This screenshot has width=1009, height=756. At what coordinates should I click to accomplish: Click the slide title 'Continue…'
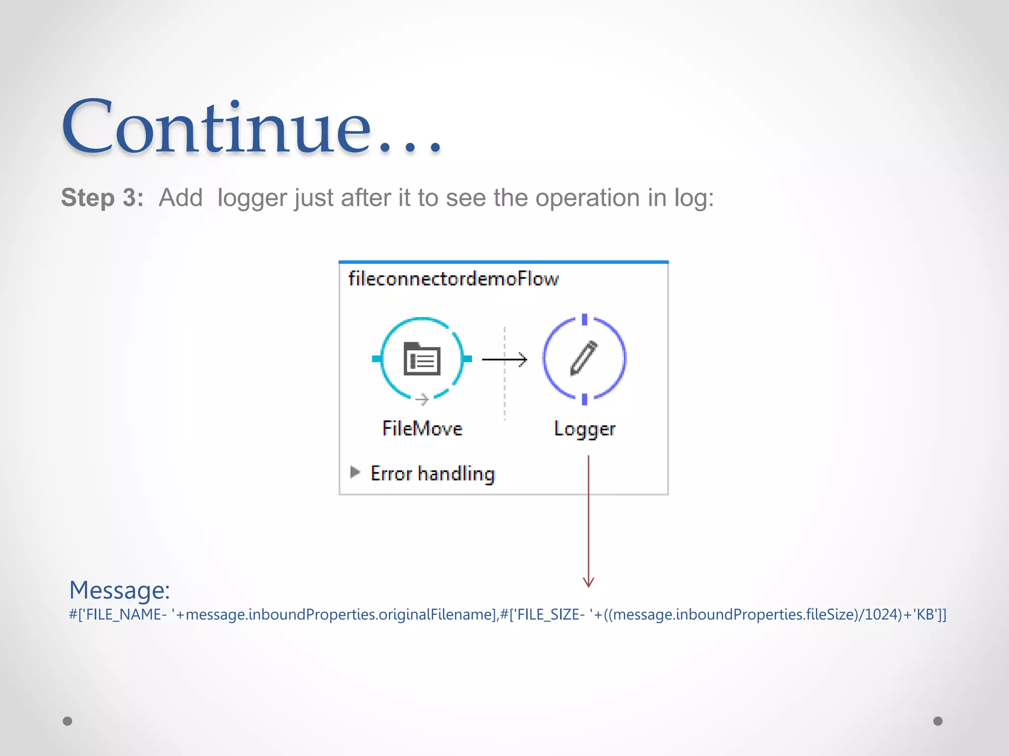251,127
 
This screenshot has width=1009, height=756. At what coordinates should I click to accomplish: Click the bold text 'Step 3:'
102,198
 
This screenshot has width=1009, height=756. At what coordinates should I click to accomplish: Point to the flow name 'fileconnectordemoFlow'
453,279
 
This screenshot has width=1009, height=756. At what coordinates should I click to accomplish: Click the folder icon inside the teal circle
422,359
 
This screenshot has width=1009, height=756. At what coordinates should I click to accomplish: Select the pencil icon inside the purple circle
584,358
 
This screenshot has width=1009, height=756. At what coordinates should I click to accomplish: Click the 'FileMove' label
422,429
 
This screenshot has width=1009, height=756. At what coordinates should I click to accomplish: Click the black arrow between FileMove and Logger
504,360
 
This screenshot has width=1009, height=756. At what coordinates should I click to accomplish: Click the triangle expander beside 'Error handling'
355,472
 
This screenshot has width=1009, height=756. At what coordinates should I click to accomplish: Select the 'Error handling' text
433,473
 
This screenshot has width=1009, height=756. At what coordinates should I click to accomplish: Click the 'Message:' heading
119,590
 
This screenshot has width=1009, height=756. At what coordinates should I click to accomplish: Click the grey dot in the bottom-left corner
67,721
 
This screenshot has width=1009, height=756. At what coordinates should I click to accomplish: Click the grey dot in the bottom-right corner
938,721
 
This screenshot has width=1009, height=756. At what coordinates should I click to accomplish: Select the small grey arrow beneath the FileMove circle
422,399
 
